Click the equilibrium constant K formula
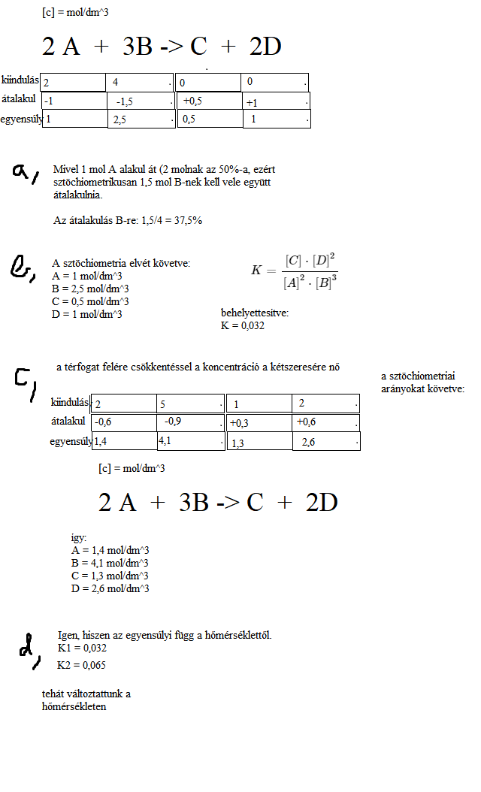click(x=295, y=271)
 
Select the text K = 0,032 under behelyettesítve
click(x=243, y=325)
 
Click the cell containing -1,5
click(x=141, y=101)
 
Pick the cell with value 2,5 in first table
click(x=141, y=119)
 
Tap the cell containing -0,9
click(x=189, y=422)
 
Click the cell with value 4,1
click(x=189, y=441)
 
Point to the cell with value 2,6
click(x=325, y=442)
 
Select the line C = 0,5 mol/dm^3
click(x=89, y=301)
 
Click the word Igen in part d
click(x=68, y=636)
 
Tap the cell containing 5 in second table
click(x=189, y=404)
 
